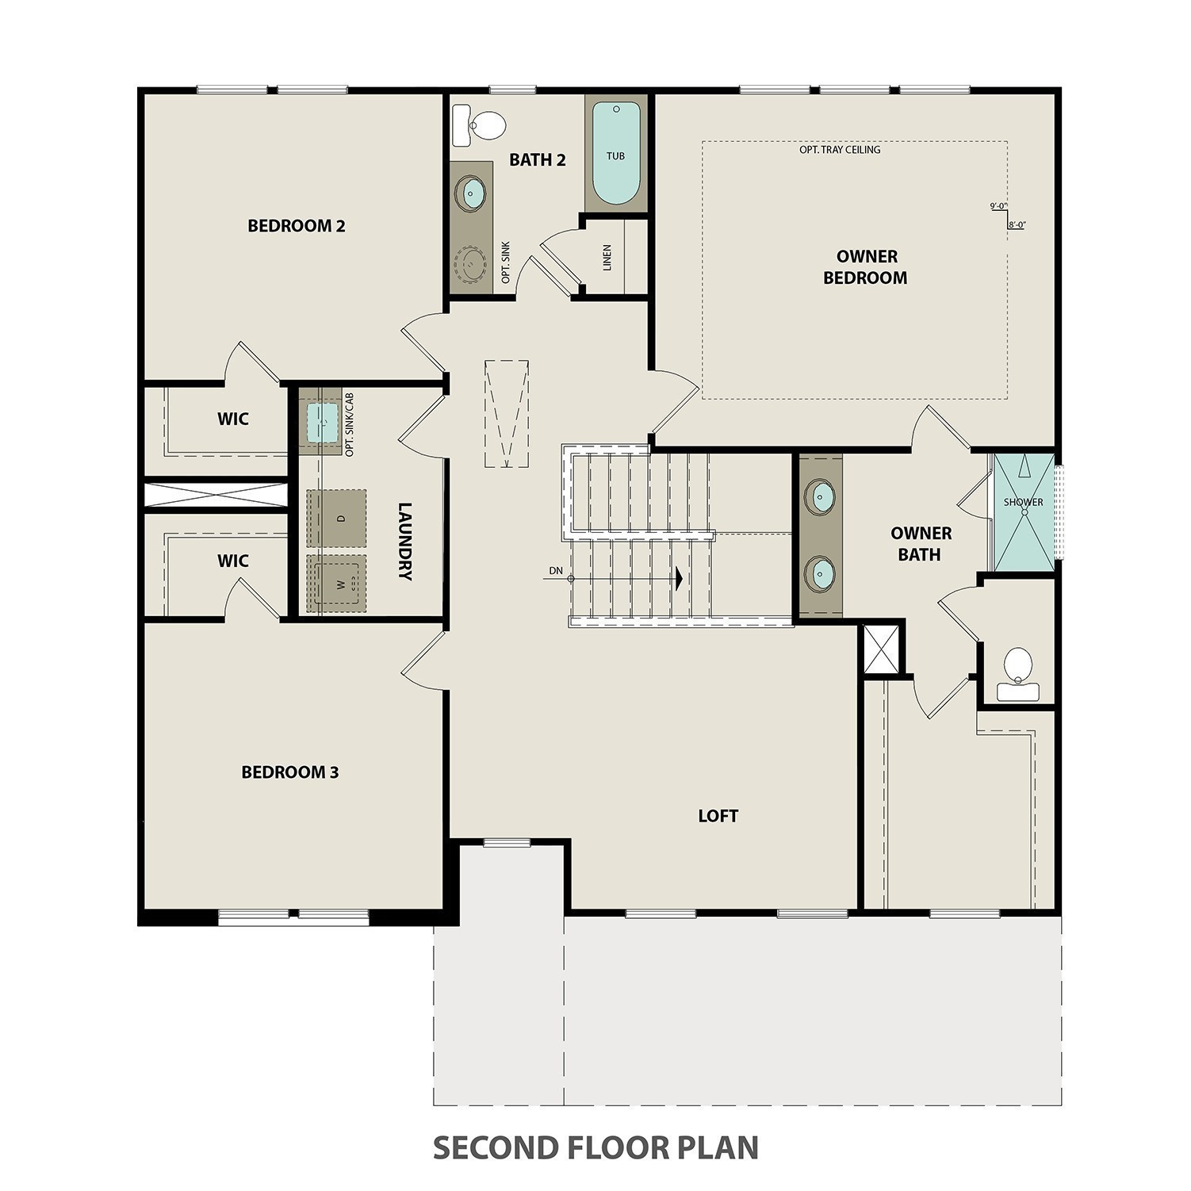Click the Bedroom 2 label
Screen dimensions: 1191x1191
click(x=296, y=226)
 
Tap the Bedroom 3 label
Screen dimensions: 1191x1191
click(x=289, y=772)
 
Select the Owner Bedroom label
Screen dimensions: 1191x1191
click(x=866, y=267)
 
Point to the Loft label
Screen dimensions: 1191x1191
click(x=718, y=816)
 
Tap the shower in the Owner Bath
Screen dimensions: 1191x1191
click(x=1024, y=512)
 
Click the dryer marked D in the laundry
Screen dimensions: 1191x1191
click(x=337, y=518)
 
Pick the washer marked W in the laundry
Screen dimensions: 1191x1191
click(x=337, y=584)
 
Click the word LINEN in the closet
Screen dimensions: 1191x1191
click(x=607, y=258)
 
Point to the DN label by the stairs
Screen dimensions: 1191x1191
click(x=555, y=570)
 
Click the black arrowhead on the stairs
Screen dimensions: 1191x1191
click(x=678, y=579)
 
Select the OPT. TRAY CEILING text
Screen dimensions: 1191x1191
click(x=840, y=149)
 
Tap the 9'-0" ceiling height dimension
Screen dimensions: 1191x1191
click(x=998, y=206)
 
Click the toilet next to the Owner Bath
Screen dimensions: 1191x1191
click(x=1018, y=674)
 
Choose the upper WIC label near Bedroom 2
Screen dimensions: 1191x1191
click(x=233, y=419)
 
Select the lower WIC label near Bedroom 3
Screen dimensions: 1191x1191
click(x=233, y=561)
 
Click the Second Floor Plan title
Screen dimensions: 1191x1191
click(x=595, y=1147)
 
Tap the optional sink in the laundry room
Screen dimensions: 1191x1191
click(x=322, y=422)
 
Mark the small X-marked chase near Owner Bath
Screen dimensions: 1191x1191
click(x=882, y=649)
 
